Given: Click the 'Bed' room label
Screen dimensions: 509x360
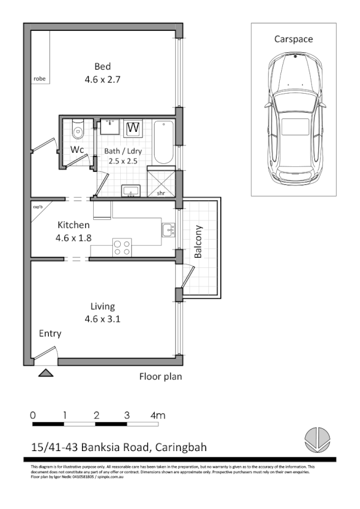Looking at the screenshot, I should pos(103,67).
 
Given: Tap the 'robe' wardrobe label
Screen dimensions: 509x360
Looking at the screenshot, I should pos(39,79).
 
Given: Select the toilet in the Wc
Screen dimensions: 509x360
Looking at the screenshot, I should pos(77,129).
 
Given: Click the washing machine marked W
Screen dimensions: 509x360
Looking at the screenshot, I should pos(133,128).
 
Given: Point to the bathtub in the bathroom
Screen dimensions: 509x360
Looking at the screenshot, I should pos(163,142).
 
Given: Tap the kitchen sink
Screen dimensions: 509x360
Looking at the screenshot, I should pos(168,230).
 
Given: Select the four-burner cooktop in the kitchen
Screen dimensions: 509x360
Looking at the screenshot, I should pos(122,247).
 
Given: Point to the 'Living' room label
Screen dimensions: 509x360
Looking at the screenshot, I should pos(102,306).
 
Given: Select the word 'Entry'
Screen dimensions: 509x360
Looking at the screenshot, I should pos(50,333).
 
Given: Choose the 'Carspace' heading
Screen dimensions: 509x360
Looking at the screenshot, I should pos(293,39).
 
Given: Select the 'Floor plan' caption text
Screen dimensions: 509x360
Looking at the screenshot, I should pos(160,376).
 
